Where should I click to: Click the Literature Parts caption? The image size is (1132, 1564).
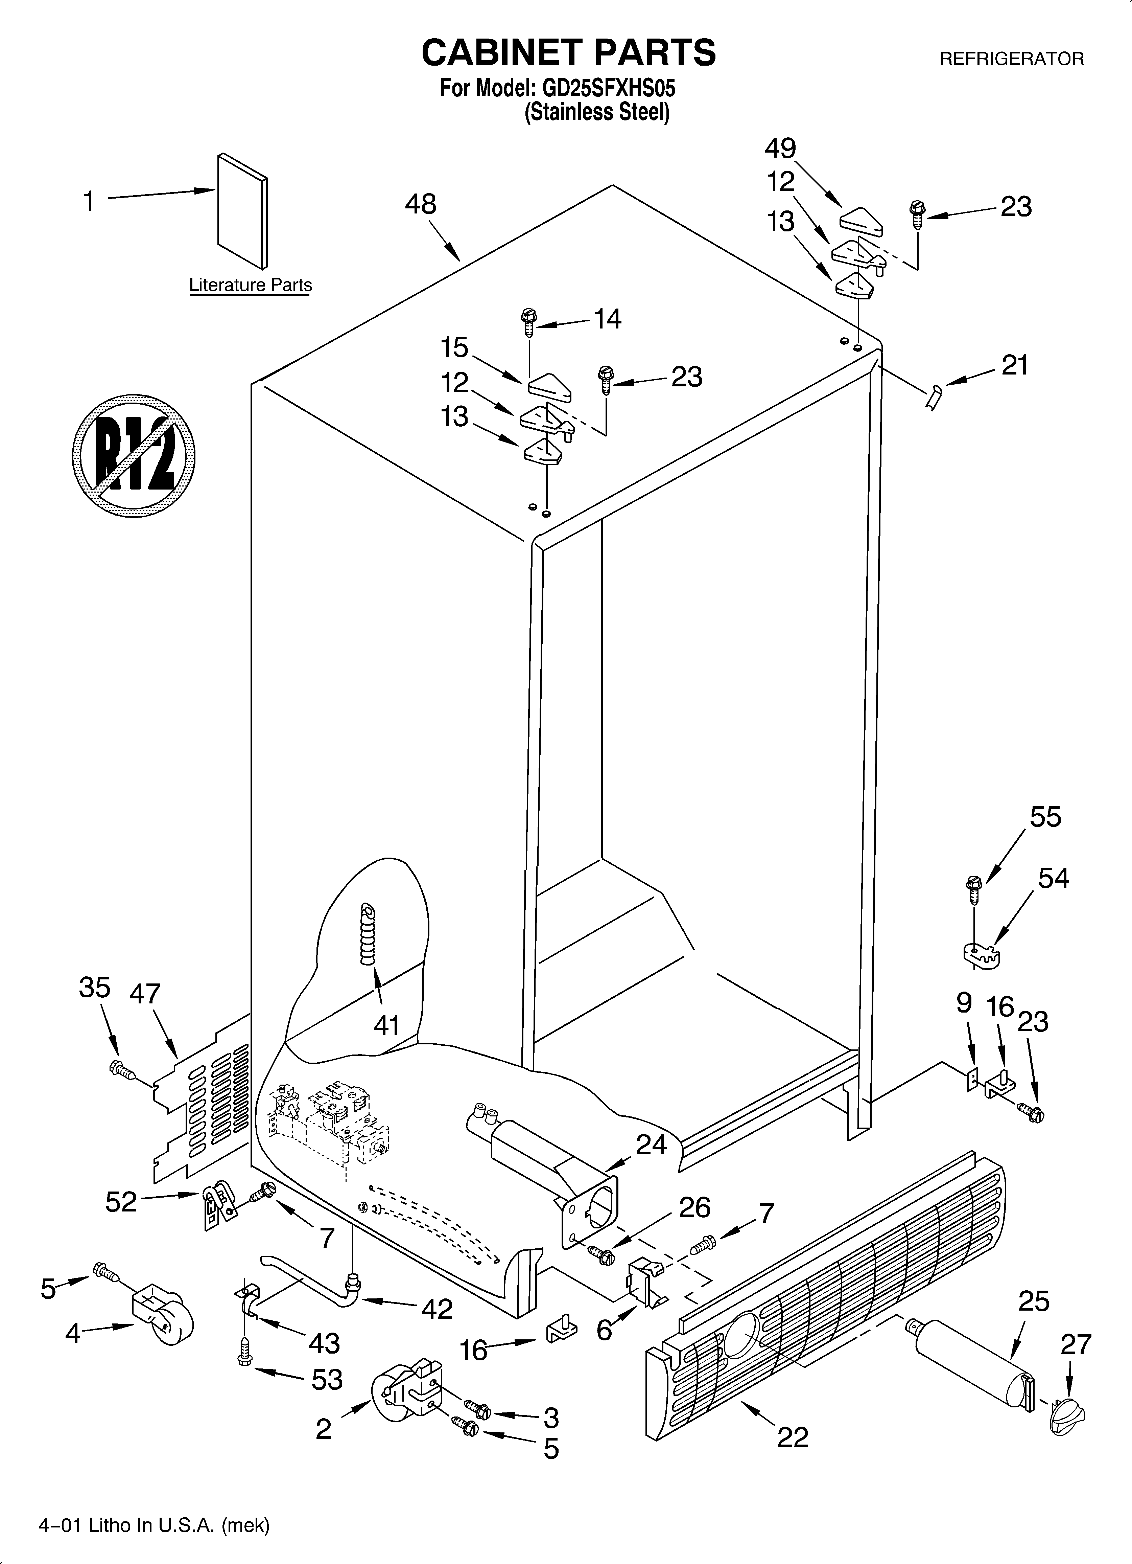tap(250, 285)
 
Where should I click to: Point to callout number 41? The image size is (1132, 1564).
tap(387, 1025)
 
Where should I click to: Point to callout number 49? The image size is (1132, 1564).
tap(780, 148)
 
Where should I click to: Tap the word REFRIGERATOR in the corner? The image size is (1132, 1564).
tap(1011, 59)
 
